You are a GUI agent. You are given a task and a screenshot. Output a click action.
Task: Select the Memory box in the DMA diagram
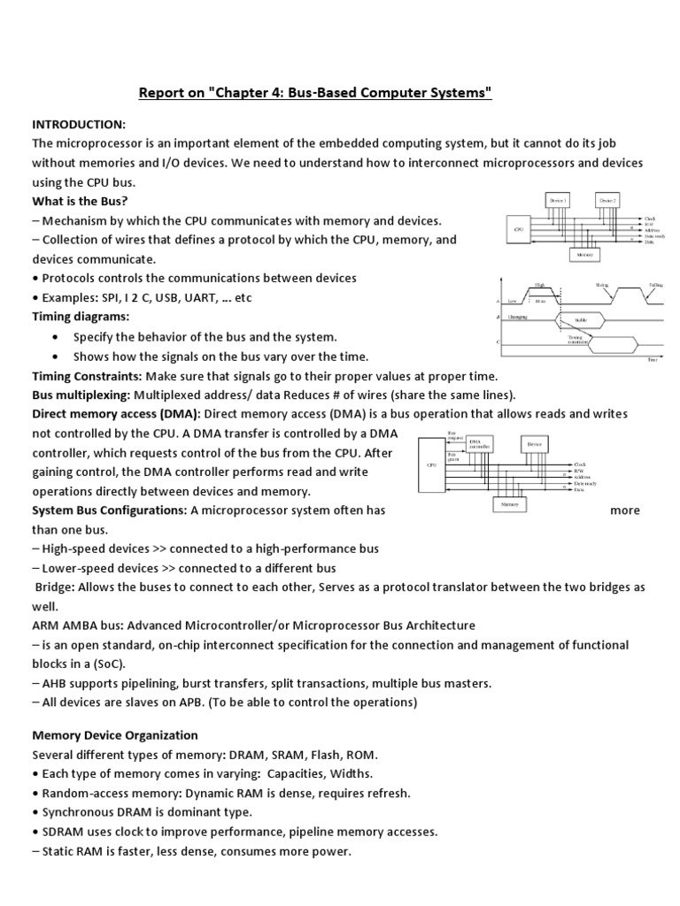click(509, 504)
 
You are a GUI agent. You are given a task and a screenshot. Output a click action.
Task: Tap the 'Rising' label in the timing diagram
click(602, 285)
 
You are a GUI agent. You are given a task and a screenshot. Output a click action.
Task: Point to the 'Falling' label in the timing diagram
click(655, 285)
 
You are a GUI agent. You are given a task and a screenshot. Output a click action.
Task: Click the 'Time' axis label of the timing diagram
click(652, 360)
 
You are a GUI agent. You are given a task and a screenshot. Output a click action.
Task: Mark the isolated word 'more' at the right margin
click(625, 511)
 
